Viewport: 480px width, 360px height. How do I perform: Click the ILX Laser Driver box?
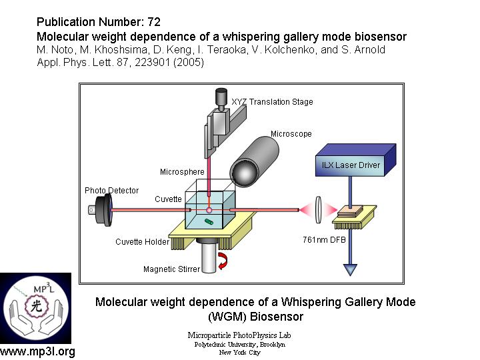coord(351,164)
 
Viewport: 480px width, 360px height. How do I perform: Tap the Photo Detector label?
coord(111,191)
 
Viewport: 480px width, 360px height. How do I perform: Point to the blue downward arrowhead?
coord(349,269)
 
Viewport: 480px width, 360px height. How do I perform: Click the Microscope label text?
coord(291,134)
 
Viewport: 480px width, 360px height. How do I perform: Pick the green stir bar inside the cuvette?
coord(209,221)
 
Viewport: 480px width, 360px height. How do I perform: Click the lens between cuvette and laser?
coord(319,209)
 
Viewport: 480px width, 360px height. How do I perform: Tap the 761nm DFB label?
coord(324,240)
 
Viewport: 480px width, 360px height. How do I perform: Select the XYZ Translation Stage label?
coord(272,102)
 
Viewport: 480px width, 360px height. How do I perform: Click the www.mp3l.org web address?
coord(37,351)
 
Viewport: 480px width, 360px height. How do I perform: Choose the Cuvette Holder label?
coord(143,242)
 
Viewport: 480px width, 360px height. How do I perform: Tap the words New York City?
coord(239,352)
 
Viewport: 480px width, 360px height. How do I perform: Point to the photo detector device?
coord(100,209)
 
